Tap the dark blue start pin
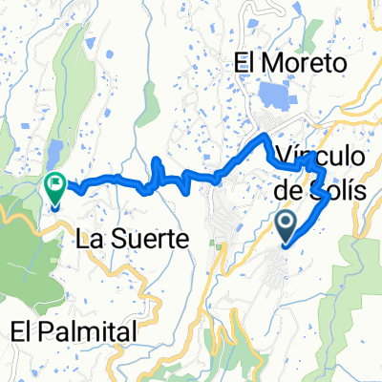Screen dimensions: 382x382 tap(285, 224)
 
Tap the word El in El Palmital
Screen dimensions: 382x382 tap(24, 330)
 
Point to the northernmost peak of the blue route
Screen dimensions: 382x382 tap(265, 139)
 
